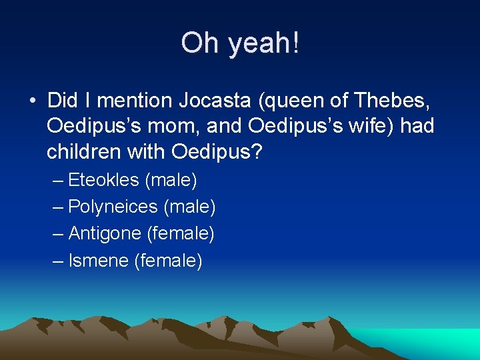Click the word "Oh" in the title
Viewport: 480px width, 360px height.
(x=201, y=43)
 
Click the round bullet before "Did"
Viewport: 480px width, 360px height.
(x=32, y=101)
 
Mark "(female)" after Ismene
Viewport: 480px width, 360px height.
(x=168, y=260)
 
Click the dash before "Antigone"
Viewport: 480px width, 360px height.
(x=58, y=233)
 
